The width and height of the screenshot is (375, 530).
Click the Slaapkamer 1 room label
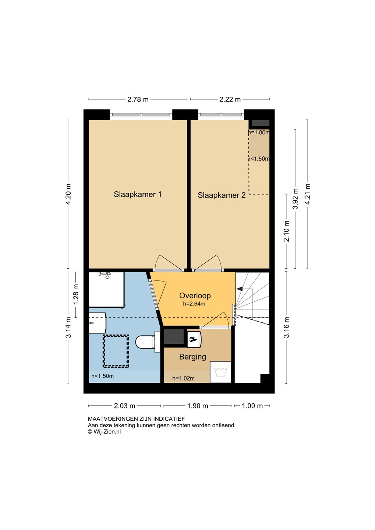coord(138,194)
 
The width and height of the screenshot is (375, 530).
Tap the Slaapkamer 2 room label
coord(222,195)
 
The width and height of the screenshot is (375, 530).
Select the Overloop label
coord(195,296)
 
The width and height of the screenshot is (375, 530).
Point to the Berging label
coord(192,357)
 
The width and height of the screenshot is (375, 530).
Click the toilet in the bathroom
coord(148,342)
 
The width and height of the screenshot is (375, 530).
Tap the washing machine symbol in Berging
coord(220,372)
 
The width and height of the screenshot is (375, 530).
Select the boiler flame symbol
coord(194,339)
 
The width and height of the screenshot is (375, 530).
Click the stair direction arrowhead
coord(240,289)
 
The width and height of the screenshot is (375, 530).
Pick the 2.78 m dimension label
coord(138,99)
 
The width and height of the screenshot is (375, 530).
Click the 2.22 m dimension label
coord(230,99)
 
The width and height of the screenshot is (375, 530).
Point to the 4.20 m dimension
coord(68,194)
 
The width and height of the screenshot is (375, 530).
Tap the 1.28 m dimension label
coord(76,295)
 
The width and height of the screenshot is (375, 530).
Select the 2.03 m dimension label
coord(124,406)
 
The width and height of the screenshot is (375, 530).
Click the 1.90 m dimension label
coord(198,406)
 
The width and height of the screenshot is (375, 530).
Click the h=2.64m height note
coord(194,304)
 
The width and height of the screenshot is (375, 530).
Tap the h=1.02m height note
coord(183,379)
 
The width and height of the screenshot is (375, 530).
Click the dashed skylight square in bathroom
coord(116,351)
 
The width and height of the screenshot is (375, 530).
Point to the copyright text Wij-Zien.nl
coord(105,432)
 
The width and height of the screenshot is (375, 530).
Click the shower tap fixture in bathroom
coord(106,275)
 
